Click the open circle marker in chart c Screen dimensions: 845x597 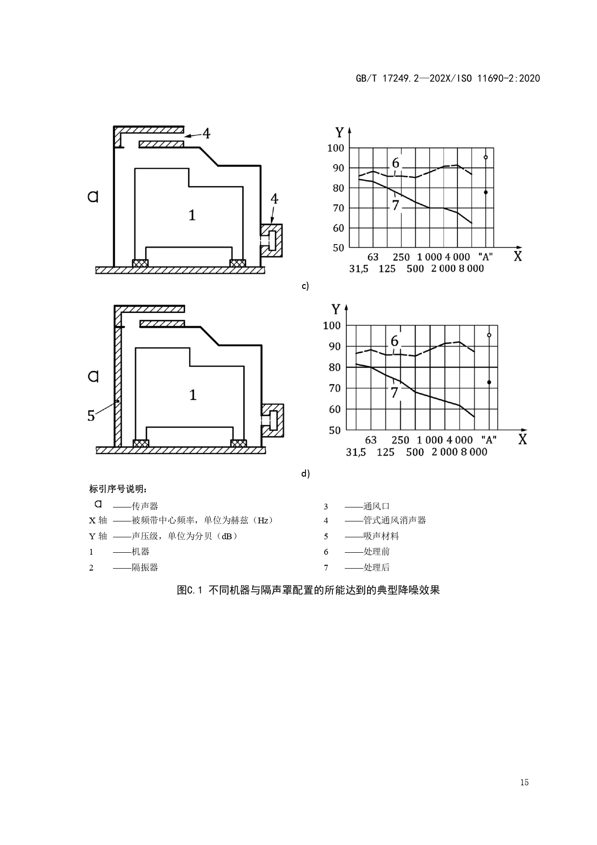[486, 157]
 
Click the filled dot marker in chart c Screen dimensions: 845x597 [486, 192]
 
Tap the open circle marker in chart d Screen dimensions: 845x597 [489, 335]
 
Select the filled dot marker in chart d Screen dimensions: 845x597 [489, 382]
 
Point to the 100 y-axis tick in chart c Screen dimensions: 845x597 [336, 148]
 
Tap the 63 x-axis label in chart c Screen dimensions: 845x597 [373, 257]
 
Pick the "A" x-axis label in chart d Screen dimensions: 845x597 [489, 440]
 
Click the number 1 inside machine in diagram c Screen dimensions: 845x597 [192, 215]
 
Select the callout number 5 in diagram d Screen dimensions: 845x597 [91, 416]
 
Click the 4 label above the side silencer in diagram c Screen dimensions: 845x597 [274, 198]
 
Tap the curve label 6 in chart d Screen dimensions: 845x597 [394, 341]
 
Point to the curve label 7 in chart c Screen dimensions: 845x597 [395, 205]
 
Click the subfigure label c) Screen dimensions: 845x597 [305, 286]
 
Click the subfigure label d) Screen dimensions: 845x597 [305, 474]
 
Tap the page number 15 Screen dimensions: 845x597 [524, 782]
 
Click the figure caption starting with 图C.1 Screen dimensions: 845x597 [308, 590]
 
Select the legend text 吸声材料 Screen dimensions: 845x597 [381, 536]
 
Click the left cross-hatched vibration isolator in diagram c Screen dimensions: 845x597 [140, 263]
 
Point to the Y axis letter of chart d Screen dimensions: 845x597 [336, 309]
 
